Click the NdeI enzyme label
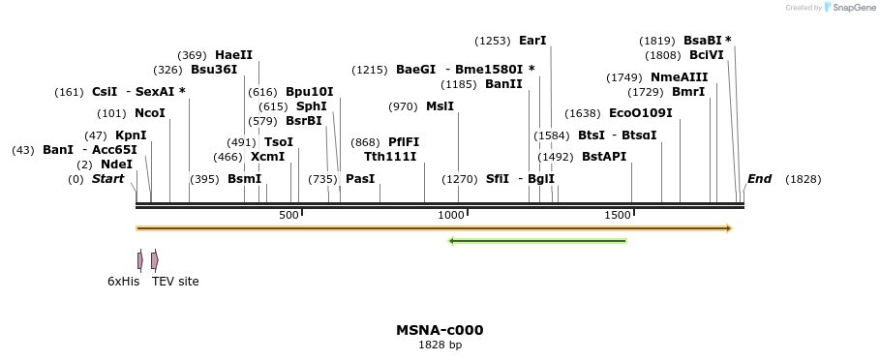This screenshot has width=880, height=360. click(116, 165)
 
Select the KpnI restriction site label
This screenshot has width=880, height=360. click(131, 135)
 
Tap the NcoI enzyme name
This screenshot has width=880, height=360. click(150, 113)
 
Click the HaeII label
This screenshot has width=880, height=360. click(233, 55)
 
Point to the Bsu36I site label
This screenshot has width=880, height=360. click(214, 70)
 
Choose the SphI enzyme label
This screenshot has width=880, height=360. click(311, 106)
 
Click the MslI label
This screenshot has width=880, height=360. click(440, 106)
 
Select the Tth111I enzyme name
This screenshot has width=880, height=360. click(390, 156)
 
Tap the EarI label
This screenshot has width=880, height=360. click(532, 41)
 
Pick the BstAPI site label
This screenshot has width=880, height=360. click(604, 156)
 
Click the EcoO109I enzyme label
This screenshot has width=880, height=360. click(640, 113)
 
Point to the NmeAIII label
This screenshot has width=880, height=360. click(679, 77)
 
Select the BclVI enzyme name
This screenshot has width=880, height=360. click(706, 55)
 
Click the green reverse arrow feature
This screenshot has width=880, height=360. click(537, 241)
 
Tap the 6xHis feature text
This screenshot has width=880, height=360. click(123, 282)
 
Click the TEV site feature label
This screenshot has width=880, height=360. click(175, 282)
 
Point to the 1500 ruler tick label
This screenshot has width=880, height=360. click(618, 214)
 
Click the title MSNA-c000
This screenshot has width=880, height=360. click(440, 330)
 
